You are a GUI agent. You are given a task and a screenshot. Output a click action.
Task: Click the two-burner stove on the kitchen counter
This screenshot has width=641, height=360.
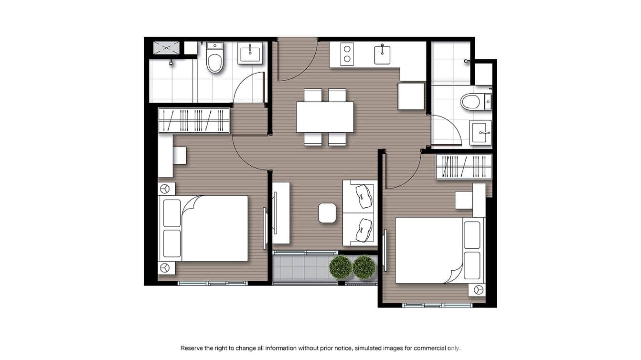pyautogui.click(x=347, y=54)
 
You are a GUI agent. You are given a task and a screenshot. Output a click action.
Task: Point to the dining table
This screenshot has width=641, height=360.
pyautogui.click(x=325, y=117)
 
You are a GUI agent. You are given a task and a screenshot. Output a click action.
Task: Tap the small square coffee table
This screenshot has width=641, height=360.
pyautogui.click(x=327, y=213)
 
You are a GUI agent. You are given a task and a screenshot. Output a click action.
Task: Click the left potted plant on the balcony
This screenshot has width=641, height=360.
pyautogui.click(x=341, y=267)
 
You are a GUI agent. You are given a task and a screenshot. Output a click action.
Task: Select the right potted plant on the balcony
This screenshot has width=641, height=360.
pyautogui.click(x=364, y=267)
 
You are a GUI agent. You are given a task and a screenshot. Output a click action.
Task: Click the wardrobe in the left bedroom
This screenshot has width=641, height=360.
pyautogui.click(x=194, y=120)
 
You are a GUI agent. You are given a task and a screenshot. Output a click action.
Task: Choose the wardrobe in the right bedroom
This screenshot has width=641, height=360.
pyautogui.click(x=463, y=167)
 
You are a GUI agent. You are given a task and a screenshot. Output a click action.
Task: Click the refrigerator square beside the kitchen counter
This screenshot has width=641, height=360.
pyautogui.click(x=411, y=96)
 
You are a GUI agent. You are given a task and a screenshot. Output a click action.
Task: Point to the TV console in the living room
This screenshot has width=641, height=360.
pyautogui.click(x=281, y=213)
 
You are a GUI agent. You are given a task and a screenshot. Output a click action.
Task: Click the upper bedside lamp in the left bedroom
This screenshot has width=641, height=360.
pyautogui.click(x=165, y=189)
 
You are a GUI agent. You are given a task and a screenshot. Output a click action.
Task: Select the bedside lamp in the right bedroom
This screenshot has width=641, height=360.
pyautogui.click(x=478, y=289)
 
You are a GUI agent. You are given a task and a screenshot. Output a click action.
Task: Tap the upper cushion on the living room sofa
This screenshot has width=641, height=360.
pyautogui.click(x=363, y=194)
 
